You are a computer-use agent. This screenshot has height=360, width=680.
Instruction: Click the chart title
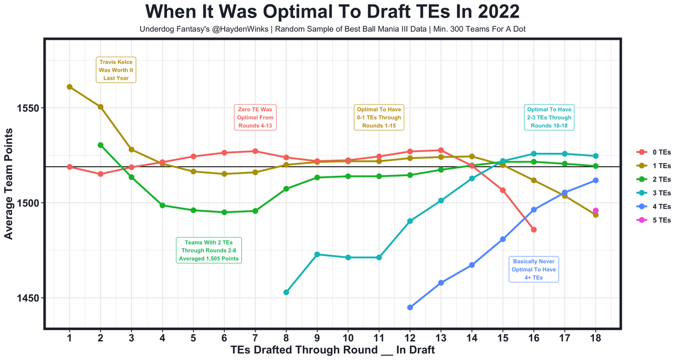pos(333,12)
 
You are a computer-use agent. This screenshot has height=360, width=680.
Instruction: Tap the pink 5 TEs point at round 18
pos(596,211)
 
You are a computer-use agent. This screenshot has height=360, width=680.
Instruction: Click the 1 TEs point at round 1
pos(70,87)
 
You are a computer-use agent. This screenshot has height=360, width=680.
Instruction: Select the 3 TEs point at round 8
pos(286,292)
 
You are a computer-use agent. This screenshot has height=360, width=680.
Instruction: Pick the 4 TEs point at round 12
pos(410,307)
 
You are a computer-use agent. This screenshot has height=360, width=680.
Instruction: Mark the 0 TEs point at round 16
pos(534,229)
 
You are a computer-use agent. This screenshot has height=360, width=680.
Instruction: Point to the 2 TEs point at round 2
pos(100,145)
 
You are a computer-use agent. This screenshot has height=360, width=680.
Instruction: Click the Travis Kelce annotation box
pos(116,70)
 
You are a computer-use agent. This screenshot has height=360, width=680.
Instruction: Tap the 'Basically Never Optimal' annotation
pos(533,269)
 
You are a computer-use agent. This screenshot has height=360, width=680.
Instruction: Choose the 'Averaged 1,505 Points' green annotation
pos(209,250)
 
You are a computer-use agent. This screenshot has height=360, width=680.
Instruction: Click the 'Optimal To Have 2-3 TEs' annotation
pos(549,117)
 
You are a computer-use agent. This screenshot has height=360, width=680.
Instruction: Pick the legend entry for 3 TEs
pos(653,193)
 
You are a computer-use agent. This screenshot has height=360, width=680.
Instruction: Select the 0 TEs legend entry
pos(653,152)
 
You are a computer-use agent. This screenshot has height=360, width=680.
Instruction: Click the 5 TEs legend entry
pos(653,220)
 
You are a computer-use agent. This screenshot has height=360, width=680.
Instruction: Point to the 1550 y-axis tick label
pos(27,108)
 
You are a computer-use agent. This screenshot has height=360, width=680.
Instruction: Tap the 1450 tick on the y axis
pos(27,298)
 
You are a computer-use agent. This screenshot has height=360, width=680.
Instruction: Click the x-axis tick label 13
pos(441,338)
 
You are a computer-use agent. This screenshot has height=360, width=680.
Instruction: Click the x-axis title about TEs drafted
pos(333,350)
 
